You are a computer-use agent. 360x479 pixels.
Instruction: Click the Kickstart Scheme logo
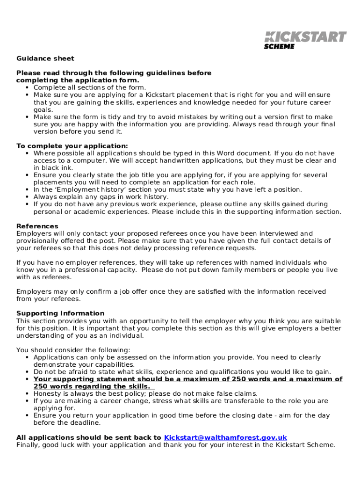click(305, 39)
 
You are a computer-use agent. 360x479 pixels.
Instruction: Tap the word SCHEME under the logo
click(279, 46)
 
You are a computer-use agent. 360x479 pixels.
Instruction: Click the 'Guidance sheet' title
click(45, 58)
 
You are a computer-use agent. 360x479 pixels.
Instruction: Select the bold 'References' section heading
click(37, 226)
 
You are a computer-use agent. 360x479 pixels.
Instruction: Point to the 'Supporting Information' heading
click(60, 313)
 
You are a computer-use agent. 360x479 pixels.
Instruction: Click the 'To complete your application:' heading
click(72, 146)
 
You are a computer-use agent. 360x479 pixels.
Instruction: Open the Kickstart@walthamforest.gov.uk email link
click(225, 437)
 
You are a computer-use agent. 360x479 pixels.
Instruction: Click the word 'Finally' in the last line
click(29, 445)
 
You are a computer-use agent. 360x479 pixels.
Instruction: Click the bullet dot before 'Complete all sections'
click(28, 87)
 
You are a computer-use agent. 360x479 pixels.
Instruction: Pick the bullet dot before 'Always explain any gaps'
click(28, 197)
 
